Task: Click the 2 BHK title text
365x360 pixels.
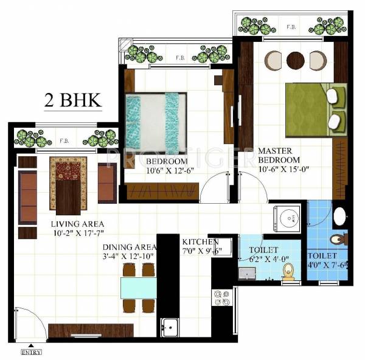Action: coord(72,100)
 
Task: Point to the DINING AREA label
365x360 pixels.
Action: coord(130,247)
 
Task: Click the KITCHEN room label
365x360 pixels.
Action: coord(200,242)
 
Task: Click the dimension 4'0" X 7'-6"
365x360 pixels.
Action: coord(327,265)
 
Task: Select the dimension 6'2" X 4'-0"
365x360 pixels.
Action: coord(263,259)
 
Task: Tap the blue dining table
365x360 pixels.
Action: coord(139,286)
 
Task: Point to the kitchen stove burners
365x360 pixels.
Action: coord(221,297)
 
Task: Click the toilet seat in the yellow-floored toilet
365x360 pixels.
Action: coord(288,271)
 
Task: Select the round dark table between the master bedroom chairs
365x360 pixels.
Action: coord(295,60)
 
